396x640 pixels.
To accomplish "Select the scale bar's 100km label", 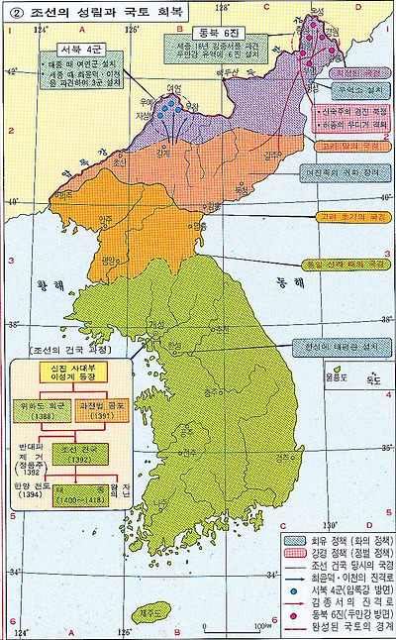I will pyautogui.click(x=259, y=627).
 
